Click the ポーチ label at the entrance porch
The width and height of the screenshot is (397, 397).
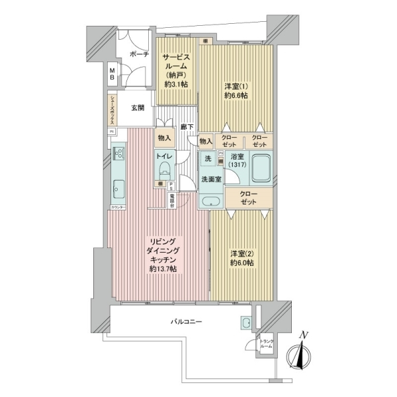tap(140, 55)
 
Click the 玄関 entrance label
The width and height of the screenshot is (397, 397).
tap(138, 108)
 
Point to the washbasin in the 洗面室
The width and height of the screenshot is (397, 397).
tap(212, 202)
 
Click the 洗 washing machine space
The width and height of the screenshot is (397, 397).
tap(208, 159)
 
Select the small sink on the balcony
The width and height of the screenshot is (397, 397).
tap(246, 323)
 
